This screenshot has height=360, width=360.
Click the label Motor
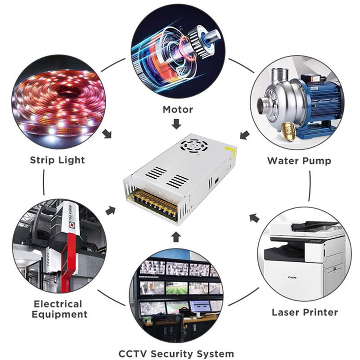tap(178, 109)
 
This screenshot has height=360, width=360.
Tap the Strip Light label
tap(57, 160)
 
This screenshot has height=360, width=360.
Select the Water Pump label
tap(299, 161)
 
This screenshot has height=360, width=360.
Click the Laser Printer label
tap(305, 312)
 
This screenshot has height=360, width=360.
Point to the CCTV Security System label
tap(176, 353)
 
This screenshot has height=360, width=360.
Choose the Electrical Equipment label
tap(58, 309)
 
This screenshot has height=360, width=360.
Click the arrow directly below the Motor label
tap(177, 124)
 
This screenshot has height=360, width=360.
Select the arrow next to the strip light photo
tap(107, 134)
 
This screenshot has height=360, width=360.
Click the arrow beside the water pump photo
tap(244, 135)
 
